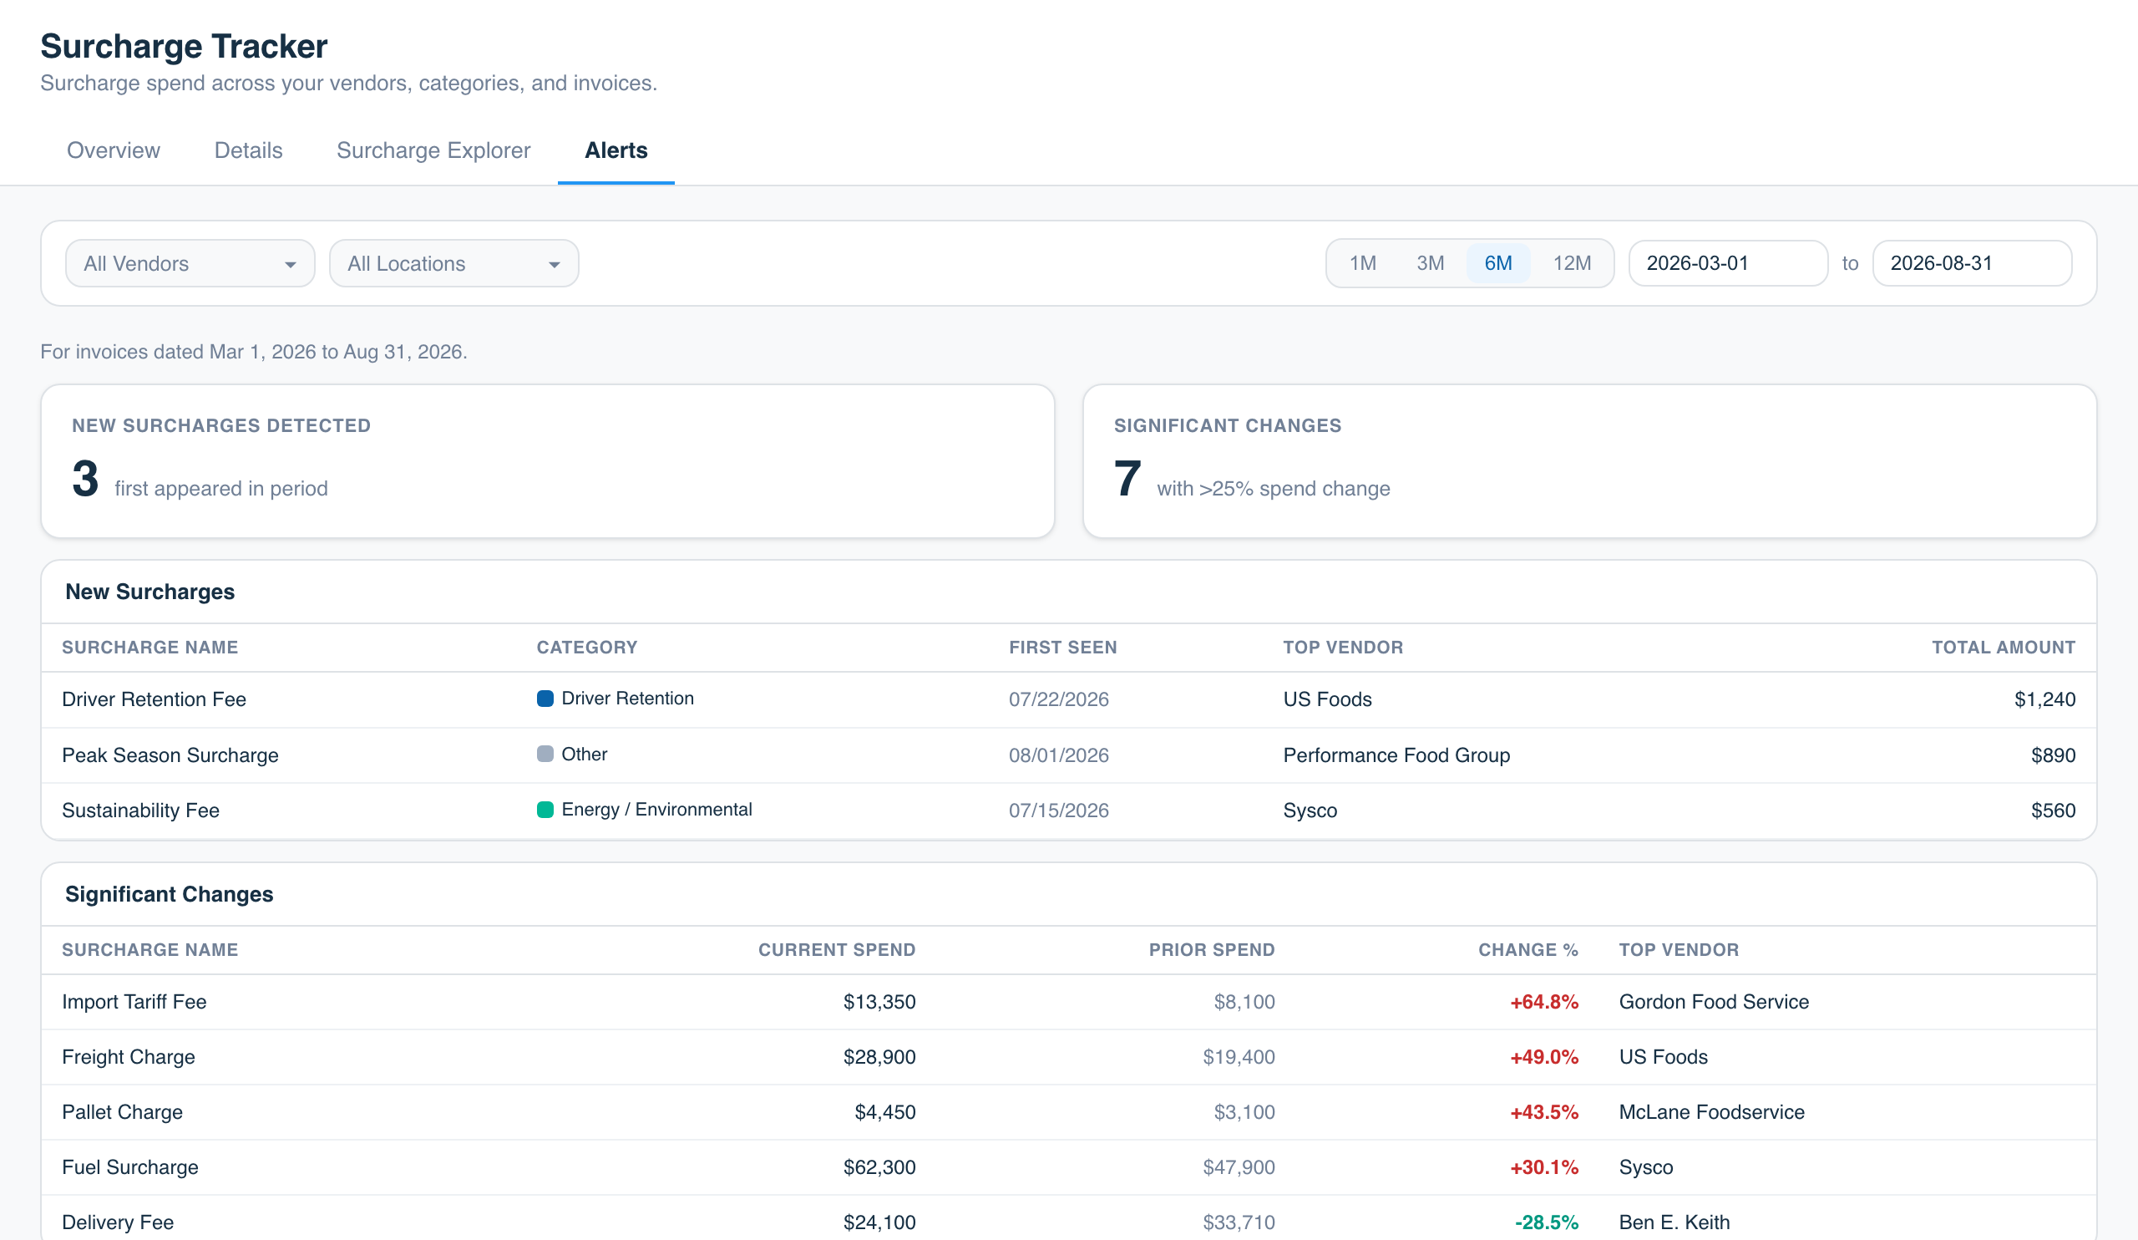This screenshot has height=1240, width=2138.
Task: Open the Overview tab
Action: coord(113,150)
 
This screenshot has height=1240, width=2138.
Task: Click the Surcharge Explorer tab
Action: coord(433,150)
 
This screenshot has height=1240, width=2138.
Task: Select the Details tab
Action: coord(249,150)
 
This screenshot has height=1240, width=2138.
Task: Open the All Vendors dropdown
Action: coord(190,263)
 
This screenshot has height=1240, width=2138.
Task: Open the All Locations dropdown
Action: coord(453,263)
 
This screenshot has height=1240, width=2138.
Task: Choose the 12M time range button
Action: coord(1572,263)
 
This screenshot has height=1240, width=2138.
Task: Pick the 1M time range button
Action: coord(1362,263)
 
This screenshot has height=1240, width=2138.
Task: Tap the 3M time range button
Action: coord(1431,263)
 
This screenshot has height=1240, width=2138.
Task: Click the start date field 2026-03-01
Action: coord(1728,263)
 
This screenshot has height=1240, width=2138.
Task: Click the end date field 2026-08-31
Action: coord(1972,263)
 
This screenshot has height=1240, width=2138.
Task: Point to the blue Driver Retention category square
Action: coord(545,699)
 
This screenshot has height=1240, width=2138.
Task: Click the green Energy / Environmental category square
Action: coord(545,810)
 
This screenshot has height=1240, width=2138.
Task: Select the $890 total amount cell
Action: coord(2053,755)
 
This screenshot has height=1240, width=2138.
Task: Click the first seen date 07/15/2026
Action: coord(1059,811)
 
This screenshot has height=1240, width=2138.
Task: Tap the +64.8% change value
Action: coord(1544,1002)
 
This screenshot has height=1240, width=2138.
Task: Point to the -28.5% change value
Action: coord(1547,1222)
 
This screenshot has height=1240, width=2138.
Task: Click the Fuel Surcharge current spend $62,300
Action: coord(879,1167)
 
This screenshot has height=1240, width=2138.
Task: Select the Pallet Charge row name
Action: coord(122,1112)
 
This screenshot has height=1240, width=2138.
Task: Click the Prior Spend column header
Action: coord(1212,950)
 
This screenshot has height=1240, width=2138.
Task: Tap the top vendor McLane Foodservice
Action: coord(1711,1112)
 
